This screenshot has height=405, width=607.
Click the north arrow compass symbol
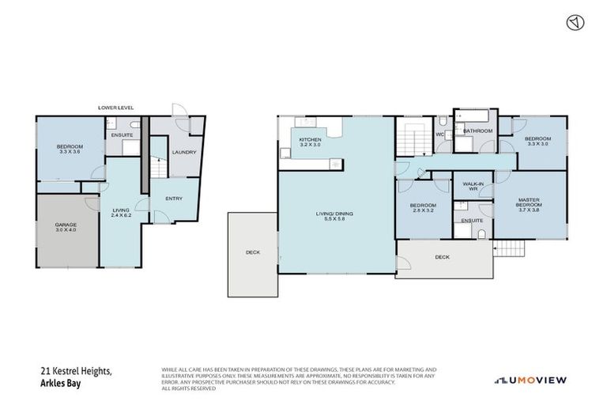point(574,23)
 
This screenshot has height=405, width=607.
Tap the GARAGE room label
point(66,225)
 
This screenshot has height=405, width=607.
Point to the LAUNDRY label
point(184,152)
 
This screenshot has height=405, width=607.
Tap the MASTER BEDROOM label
point(529,202)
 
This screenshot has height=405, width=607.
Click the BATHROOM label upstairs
point(478,131)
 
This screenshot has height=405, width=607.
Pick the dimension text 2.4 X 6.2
point(121,215)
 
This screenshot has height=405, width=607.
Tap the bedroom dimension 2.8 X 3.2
point(421,211)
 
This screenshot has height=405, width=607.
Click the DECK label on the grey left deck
point(252,252)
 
